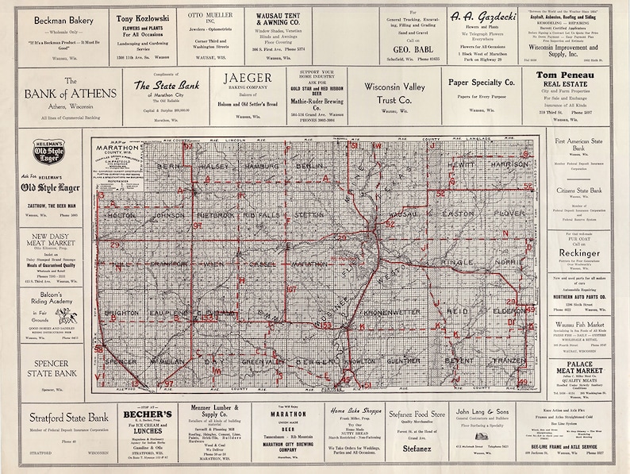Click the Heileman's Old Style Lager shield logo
point(50,151)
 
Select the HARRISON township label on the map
point(508,164)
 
